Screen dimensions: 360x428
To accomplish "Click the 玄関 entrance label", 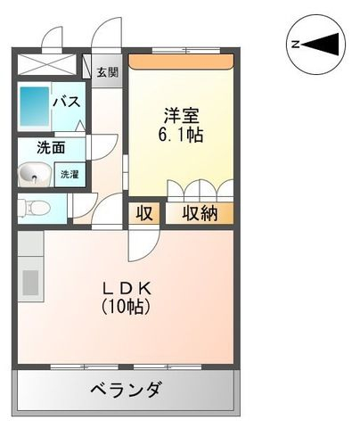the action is pos(107,72).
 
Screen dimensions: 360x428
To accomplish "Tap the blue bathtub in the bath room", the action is pos(35,106).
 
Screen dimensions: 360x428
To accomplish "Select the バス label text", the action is pos(67,102).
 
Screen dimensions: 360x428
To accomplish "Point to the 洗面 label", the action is pos(51,148).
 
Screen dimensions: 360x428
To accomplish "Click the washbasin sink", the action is pos(32,176).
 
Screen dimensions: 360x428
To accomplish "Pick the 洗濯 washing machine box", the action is pos(70,175).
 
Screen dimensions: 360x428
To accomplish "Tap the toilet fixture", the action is pos(33,208).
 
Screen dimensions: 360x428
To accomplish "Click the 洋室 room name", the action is pos(181,115).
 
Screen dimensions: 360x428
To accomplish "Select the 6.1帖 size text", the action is pos(181,136).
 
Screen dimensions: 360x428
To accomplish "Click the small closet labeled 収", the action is pos(144,213).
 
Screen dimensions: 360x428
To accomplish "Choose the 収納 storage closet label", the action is pos(200,213).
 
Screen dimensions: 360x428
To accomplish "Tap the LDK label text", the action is pos(127,288).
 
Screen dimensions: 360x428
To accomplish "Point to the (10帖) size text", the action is pos(126,307).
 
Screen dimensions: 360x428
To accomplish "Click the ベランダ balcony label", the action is pos(126,389).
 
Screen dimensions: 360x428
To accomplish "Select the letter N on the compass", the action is pos(295,45).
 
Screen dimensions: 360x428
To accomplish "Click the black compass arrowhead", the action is pos(321,45).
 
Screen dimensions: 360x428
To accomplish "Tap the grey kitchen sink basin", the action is pos(30,283).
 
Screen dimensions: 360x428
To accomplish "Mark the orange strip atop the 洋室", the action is pos(181,62).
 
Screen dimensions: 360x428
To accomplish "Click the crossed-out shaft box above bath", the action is pos(45,64).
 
